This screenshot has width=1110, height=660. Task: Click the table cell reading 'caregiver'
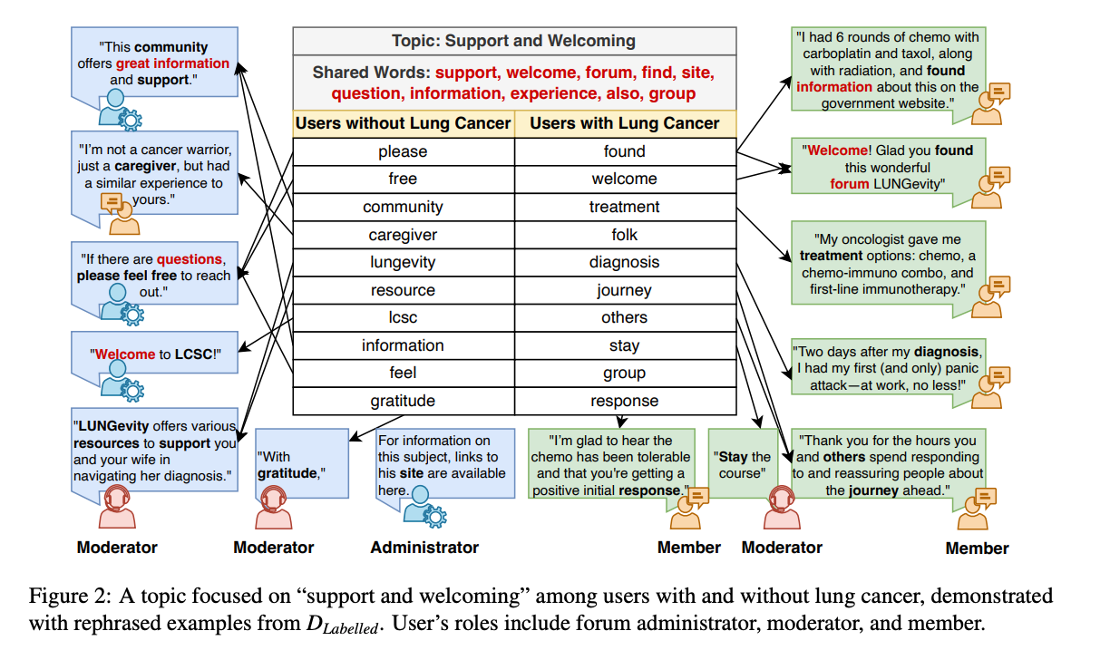(x=404, y=235)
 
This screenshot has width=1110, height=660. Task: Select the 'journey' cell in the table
(x=625, y=290)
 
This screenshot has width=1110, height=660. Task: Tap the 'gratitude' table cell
(x=404, y=401)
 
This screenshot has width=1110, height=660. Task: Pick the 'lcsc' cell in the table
(x=404, y=317)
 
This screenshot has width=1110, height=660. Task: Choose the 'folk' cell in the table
(x=625, y=235)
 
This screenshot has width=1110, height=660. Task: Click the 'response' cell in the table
(x=625, y=401)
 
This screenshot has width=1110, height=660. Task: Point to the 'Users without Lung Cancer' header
(x=404, y=123)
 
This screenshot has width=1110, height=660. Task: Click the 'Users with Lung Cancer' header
(x=625, y=123)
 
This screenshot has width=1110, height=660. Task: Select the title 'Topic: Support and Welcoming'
(x=514, y=41)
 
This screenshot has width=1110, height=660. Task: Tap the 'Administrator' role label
(x=424, y=548)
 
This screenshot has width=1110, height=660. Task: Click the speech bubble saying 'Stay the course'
(x=743, y=464)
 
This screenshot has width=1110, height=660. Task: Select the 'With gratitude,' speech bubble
(x=302, y=464)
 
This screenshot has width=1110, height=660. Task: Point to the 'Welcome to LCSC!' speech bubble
(x=154, y=353)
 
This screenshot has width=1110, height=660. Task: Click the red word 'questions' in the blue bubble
(x=190, y=259)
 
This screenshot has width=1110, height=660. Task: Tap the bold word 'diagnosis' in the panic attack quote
(x=947, y=352)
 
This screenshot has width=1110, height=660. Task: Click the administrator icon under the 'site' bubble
(x=424, y=505)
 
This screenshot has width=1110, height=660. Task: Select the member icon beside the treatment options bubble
(x=990, y=296)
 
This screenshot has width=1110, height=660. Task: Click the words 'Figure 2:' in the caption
(x=69, y=596)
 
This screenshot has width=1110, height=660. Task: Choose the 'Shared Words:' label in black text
(x=372, y=73)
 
